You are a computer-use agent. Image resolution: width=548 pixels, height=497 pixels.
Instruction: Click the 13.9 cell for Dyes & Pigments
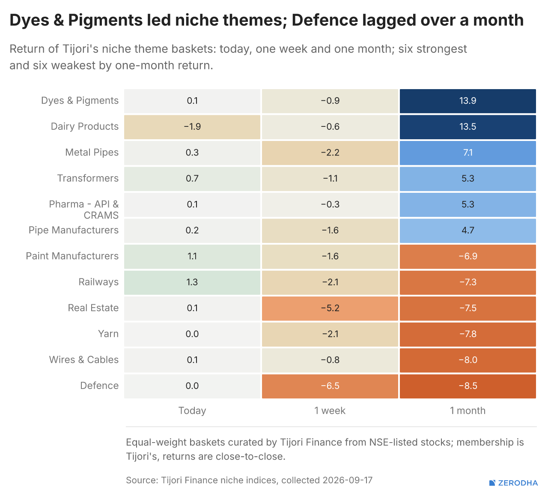[468, 101]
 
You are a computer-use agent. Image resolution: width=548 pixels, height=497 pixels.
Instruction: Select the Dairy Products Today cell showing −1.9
[192, 127]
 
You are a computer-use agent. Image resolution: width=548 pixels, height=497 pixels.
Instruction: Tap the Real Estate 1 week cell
[330, 308]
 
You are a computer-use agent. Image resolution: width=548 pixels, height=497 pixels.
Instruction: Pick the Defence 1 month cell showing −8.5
[468, 386]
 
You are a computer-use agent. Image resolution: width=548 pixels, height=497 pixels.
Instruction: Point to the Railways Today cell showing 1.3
[192, 282]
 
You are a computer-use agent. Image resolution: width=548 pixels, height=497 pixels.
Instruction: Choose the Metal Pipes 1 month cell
[468, 153]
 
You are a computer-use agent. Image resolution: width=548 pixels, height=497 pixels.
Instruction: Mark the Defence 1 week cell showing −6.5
[330, 386]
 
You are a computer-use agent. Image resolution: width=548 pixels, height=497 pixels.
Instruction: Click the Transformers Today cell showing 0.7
[192, 179]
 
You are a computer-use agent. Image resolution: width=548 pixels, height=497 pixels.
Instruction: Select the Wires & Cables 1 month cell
[468, 360]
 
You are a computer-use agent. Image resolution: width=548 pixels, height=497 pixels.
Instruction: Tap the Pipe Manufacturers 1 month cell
[468, 231]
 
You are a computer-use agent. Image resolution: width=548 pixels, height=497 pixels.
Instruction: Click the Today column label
[192, 410]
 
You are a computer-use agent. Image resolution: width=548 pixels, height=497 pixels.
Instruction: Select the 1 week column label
[330, 410]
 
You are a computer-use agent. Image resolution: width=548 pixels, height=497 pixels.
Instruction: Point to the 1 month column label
[468, 410]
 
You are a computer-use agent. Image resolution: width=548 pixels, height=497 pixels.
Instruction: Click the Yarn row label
[108, 334]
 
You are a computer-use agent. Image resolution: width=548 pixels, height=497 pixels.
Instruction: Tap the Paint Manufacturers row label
[72, 256]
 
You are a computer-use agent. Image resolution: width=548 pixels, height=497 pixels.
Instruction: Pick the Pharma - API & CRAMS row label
[83, 210]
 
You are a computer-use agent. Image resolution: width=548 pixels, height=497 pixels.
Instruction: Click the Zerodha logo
[514, 483]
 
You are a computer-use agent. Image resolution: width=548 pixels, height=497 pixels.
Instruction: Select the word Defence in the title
[325, 20]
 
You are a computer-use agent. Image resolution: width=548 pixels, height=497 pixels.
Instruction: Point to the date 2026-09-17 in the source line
[348, 480]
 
